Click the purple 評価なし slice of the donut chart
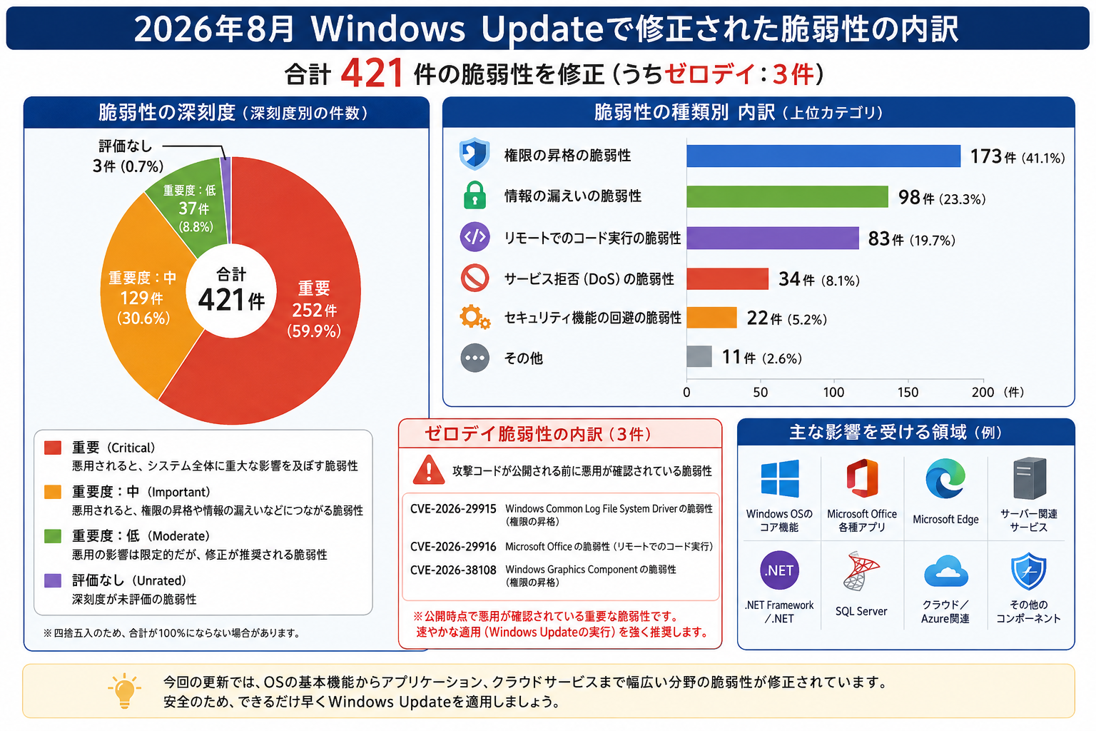pos(225,201)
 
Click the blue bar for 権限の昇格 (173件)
pos(823,156)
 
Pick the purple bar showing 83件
pos(773,238)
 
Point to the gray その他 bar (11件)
pos(699,356)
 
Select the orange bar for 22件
pos(711,317)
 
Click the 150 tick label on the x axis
pos(908,392)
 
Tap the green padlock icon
pos(475,195)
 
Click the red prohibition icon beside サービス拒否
pos(475,278)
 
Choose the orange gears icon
pos(475,317)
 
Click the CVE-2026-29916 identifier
pos(453,546)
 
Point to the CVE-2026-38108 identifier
pos(453,570)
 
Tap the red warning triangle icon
pos(429,470)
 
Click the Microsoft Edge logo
pos(945,478)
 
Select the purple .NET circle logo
pos(779,570)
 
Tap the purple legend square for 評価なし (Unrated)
pos(53,580)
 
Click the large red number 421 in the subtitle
pos(372,74)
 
